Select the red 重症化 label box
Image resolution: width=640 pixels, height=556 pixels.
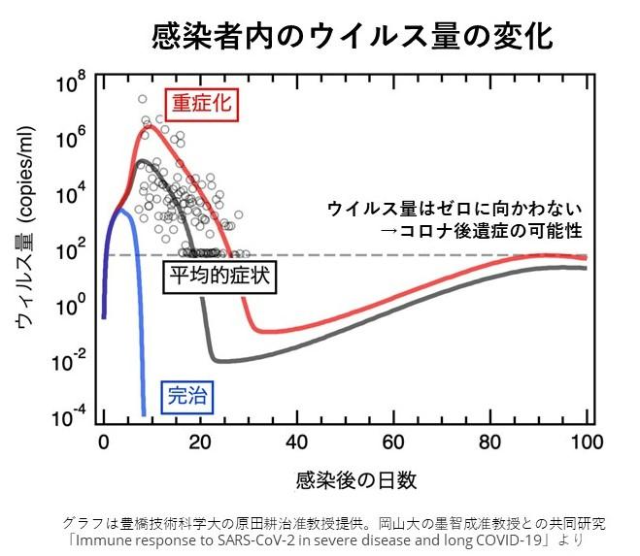point(201,103)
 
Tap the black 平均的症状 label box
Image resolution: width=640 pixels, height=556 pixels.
point(218,277)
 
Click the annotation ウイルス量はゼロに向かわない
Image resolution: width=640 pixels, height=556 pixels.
point(455,209)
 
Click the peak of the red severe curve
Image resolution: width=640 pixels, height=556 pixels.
point(151,124)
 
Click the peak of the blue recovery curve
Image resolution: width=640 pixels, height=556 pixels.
point(121,210)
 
